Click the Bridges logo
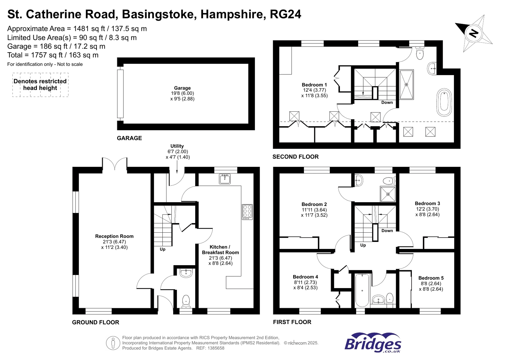(x=372, y=342)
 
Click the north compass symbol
(x=474, y=33)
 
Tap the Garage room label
(x=182, y=88)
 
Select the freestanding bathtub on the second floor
(x=444, y=102)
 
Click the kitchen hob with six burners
(x=247, y=212)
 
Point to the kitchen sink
(x=225, y=179)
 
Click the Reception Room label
(x=114, y=236)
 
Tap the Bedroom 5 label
(x=431, y=278)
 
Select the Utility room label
(x=177, y=146)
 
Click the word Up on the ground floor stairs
(x=163, y=249)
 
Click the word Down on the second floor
(x=387, y=102)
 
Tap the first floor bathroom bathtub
(x=362, y=290)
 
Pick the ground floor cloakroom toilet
(x=186, y=300)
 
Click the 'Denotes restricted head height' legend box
(x=40, y=85)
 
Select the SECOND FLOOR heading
(x=295, y=157)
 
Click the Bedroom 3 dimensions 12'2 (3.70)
(x=427, y=209)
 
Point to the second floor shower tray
(x=406, y=85)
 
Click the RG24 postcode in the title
(x=285, y=14)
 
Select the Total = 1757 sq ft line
(x=53, y=55)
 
